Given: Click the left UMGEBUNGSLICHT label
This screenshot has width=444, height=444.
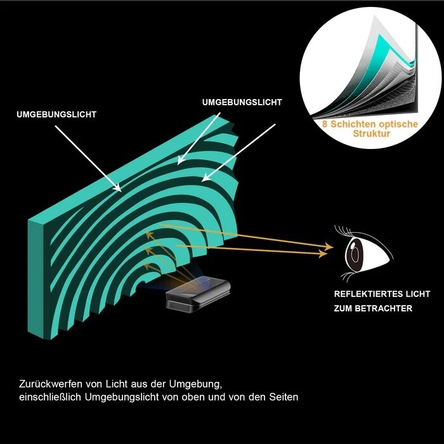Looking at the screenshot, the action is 56,114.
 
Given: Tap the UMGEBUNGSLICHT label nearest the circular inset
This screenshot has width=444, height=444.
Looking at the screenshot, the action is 242,102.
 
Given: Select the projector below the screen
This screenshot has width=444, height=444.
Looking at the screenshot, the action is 197,294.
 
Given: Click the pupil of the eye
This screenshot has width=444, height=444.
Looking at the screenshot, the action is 354,253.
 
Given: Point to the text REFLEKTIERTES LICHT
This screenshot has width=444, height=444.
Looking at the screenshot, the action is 382,294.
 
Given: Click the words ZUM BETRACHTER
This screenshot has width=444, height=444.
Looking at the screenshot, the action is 373,308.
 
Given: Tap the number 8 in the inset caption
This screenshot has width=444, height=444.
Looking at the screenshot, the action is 325,124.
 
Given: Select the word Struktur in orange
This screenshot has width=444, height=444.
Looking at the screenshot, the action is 372,133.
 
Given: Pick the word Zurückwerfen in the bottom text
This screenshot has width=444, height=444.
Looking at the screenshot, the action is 51,384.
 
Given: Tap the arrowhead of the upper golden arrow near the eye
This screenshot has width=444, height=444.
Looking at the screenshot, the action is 329,247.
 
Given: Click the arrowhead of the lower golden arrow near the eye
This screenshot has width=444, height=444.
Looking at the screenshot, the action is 323,254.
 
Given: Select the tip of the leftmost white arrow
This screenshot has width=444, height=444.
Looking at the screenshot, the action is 121,192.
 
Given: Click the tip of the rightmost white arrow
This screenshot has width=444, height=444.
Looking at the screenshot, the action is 202,181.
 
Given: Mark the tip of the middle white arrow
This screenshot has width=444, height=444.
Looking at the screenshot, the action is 178,164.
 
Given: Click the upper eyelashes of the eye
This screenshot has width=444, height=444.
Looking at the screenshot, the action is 344,230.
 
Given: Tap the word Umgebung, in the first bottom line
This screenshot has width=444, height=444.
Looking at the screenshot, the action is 195,384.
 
